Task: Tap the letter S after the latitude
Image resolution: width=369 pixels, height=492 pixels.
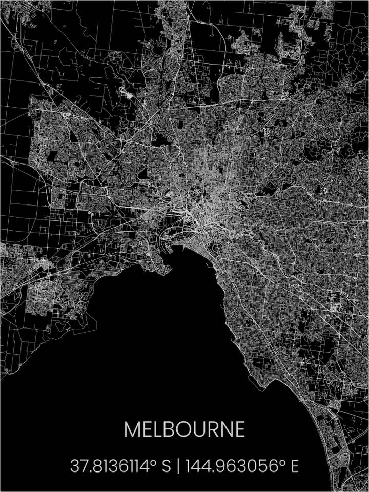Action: pyautogui.click(x=166, y=466)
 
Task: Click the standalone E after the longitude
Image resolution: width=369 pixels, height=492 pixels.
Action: pyautogui.click(x=295, y=466)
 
